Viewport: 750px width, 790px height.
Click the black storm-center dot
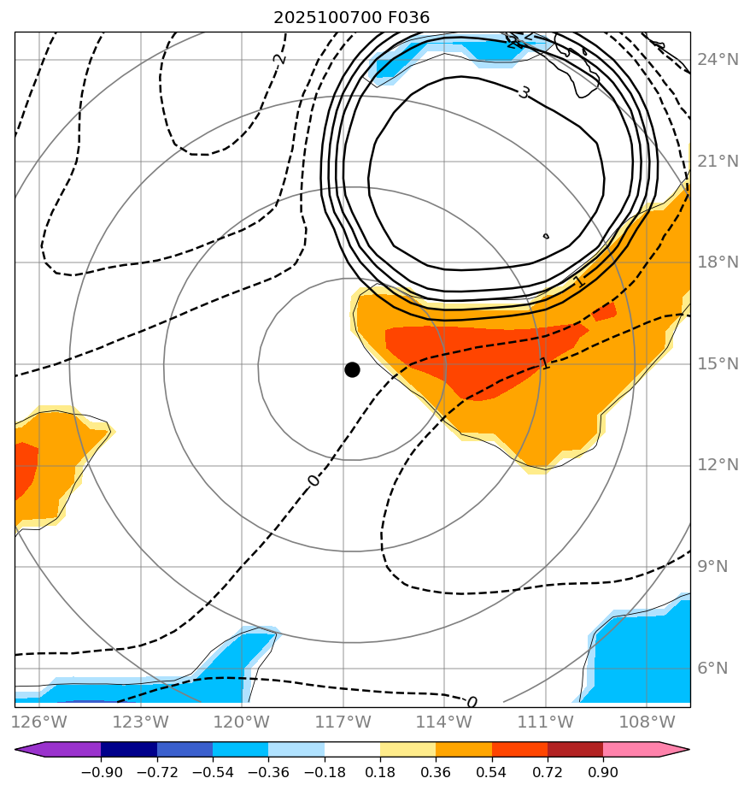click(x=352, y=369)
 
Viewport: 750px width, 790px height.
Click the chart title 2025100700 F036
click(x=351, y=17)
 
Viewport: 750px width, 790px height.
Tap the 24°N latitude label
click(x=718, y=60)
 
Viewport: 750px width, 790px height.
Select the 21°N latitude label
click(x=718, y=162)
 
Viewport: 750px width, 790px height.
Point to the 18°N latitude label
click(x=718, y=262)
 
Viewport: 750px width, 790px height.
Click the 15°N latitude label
click(x=718, y=364)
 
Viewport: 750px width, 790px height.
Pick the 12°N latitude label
click(x=718, y=465)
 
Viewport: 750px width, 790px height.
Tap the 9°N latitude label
click(x=718, y=567)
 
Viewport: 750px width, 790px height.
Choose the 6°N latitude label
click(x=718, y=669)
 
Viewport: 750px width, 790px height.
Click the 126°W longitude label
click(x=39, y=722)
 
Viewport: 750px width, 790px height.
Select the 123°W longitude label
click(x=140, y=722)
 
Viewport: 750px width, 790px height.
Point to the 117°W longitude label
click(x=343, y=722)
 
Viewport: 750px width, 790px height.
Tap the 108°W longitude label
click(x=646, y=722)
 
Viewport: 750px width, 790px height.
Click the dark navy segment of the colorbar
click(x=129, y=749)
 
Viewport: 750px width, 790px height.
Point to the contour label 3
click(x=524, y=92)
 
